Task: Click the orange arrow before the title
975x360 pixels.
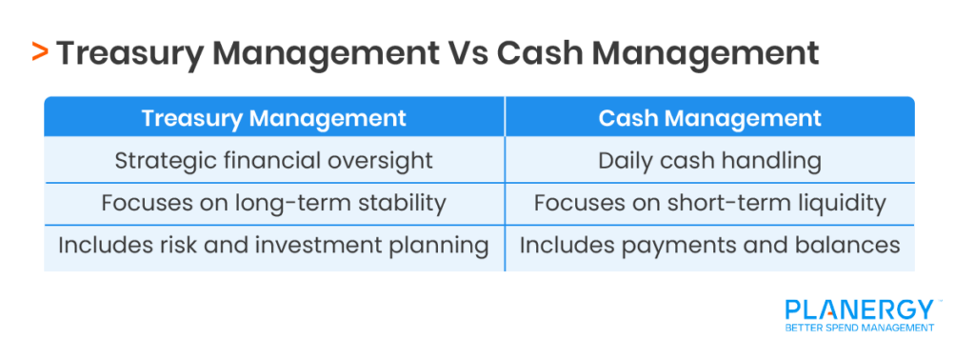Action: [x=40, y=52]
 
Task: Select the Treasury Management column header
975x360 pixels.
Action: [x=274, y=118]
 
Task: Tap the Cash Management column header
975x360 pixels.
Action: [x=709, y=118]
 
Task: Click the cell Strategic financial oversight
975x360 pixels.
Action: [x=274, y=160]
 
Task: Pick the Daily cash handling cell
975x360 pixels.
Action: [x=709, y=160]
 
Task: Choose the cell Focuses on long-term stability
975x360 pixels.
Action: [x=274, y=202]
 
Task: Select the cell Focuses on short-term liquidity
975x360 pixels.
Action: [x=709, y=202]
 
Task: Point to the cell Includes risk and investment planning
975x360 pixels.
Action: [x=274, y=245]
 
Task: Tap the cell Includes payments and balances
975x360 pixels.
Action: [x=709, y=245]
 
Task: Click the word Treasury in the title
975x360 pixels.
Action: [x=122, y=52]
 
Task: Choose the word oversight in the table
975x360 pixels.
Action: [x=385, y=160]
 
